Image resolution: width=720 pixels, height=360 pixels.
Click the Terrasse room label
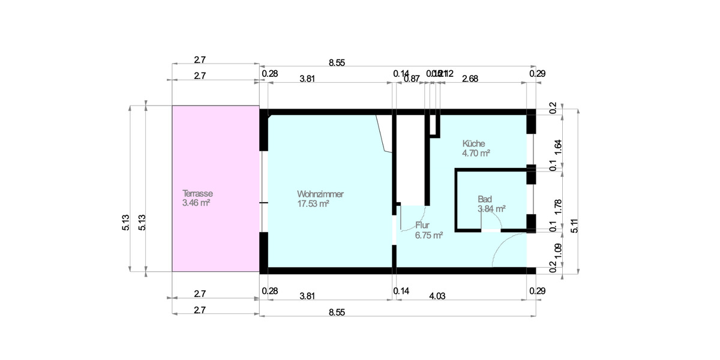pyautogui.click(x=198, y=194)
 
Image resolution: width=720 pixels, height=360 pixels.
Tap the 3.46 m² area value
pyautogui.click(x=196, y=203)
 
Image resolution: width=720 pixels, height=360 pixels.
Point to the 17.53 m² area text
pyautogui.click(x=313, y=204)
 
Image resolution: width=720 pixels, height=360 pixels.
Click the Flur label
pyautogui.click(x=422, y=226)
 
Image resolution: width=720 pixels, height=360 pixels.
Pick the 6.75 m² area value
pyautogui.click(x=428, y=236)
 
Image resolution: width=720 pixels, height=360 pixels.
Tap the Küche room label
pyautogui.click(x=473, y=143)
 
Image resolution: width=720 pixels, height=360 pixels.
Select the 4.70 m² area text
pyautogui.click(x=476, y=154)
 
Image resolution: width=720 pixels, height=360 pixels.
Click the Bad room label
pyautogui.click(x=485, y=199)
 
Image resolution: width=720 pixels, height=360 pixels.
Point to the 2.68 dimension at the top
pyautogui.click(x=470, y=78)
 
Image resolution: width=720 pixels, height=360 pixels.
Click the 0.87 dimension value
pyautogui.click(x=412, y=78)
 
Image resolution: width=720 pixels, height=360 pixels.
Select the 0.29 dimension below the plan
pyautogui.click(x=537, y=291)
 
